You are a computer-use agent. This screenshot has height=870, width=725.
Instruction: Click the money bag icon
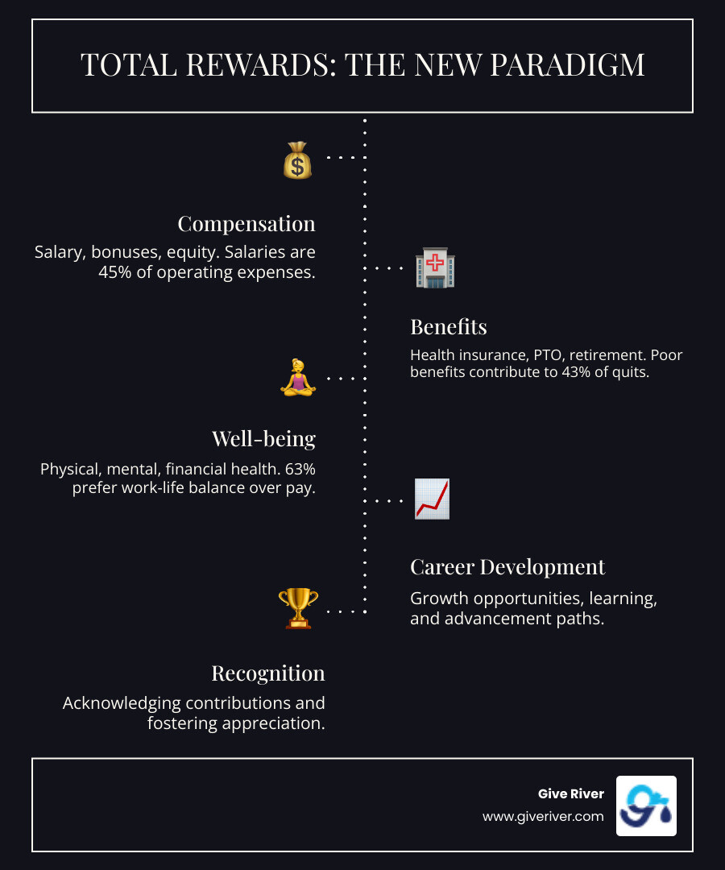[x=297, y=159]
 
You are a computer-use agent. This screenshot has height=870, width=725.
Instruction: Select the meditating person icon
[x=297, y=377]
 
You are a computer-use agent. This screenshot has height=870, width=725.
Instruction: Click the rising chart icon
[x=432, y=499]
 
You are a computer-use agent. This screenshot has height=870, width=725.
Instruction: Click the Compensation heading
[x=246, y=223]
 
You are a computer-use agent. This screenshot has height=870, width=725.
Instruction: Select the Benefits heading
[x=449, y=326]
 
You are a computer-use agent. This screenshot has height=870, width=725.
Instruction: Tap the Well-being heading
[x=263, y=438]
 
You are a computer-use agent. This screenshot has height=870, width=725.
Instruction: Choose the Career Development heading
[x=507, y=566]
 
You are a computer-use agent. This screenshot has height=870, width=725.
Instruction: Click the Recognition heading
[x=268, y=673]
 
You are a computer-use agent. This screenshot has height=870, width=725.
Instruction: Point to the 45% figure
[x=116, y=272]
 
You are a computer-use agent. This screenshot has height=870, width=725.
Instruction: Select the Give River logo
[x=646, y=806]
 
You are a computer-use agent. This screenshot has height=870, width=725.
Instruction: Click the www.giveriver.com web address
[x=543, y=816]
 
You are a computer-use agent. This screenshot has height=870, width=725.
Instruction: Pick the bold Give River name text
[x=570, y=794]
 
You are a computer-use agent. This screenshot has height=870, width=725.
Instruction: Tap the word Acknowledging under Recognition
[x=126, y=703]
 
